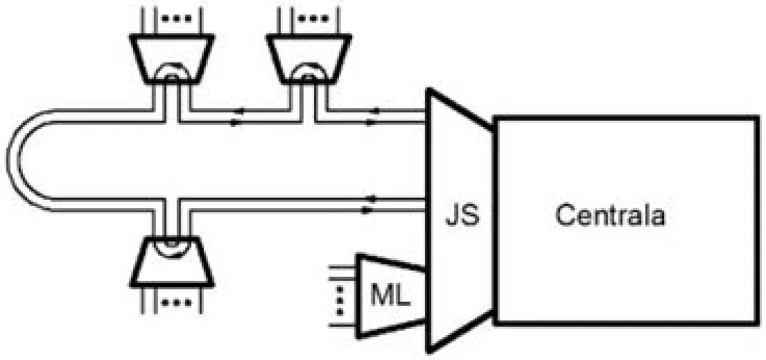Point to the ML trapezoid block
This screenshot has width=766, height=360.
coord(391,295)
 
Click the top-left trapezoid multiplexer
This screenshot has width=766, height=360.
coord(171,58)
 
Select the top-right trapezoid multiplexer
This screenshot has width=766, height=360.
coord(308,58)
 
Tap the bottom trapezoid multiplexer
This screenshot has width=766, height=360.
coord(171,262)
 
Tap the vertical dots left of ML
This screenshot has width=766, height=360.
coord(340,295)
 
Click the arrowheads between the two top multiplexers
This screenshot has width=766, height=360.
coord(237,117)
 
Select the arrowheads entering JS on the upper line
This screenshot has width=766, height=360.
coord(374,117)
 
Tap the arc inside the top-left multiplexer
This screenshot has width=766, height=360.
coord(171,68)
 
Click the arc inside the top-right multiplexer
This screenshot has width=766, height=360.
coord(308,68)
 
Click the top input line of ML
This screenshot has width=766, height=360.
coord(344,267)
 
